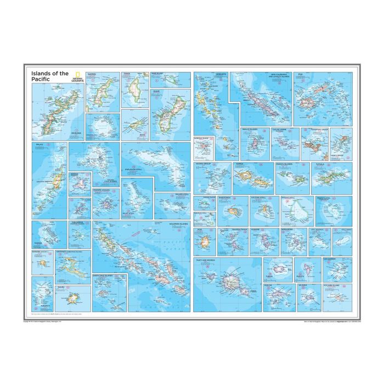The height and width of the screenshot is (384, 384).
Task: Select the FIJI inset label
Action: tap(301, 74)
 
